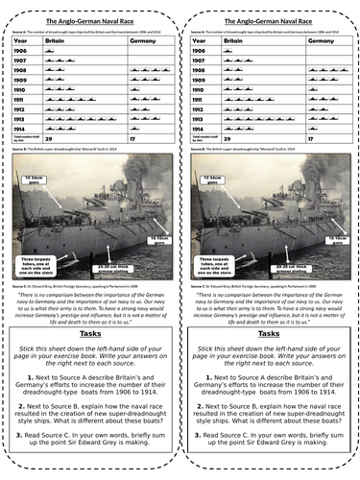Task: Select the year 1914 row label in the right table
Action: (x=201, y=128)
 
